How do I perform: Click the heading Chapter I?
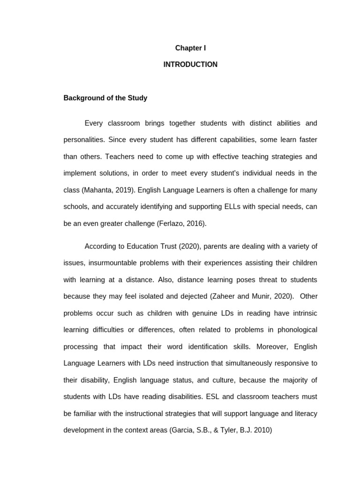point(190,48)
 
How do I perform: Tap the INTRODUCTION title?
point(190,65)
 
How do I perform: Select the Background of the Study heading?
point(105,98)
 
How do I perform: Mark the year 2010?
point(262,430)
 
